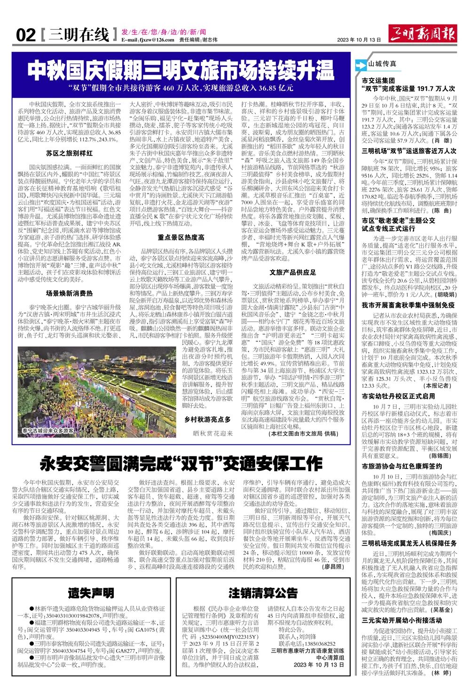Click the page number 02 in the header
coord(26,35)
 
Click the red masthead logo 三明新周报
coord(423,34)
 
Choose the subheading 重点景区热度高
coord(181,238)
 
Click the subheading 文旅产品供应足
coord(293,272)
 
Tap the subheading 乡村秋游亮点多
coord(207,419)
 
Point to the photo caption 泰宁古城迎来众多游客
coord(48,430)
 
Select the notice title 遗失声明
coord(91,593)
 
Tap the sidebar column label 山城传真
coord(382,64)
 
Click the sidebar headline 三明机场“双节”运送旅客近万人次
coord(409,151)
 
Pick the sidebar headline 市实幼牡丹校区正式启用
coord(399,396)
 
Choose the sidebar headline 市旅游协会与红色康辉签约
coord(402,466)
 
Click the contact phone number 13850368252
coord(320,644)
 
